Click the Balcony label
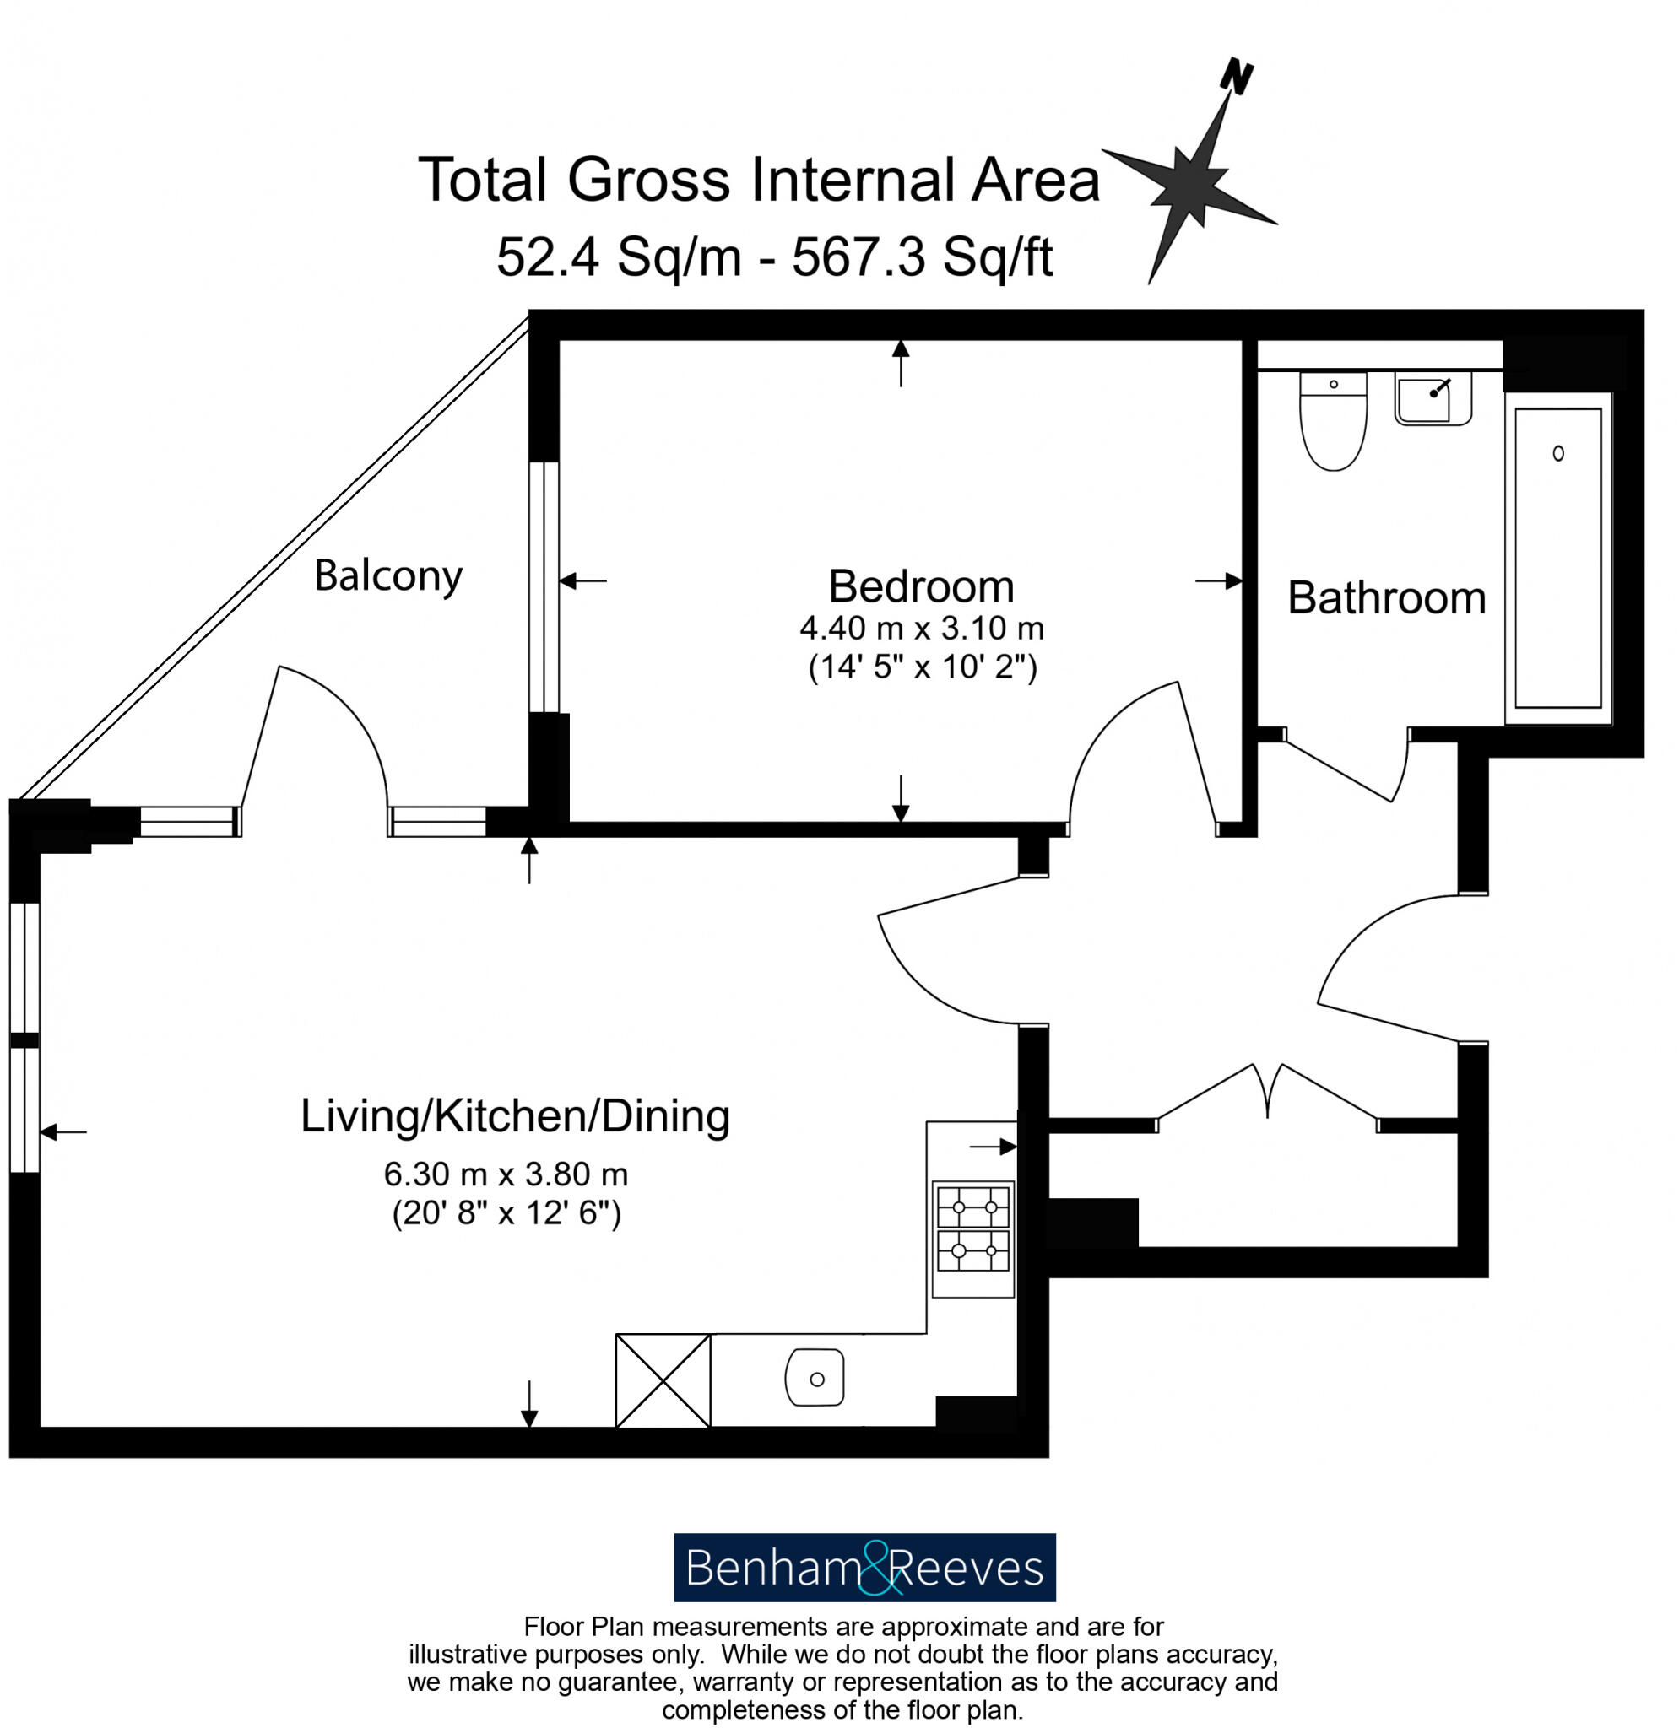click(388, 576)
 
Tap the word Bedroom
click(921, 586)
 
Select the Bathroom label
click(1386, 597)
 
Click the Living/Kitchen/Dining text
click(515, 1116)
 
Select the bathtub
click(1557, 559)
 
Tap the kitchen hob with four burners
click(972, 1228)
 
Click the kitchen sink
click(814, 1378)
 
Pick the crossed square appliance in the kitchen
click(663, 1380)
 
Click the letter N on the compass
click(1237, 77)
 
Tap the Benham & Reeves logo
click(864, 1568)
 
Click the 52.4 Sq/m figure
click(617, 257)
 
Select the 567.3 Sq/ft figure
click(922, 257)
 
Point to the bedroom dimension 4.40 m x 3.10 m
click(922, 629)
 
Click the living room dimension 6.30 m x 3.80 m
click(506, 1174)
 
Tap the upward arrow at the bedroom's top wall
click(901, 361)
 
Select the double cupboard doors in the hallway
click(1267, 1093)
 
